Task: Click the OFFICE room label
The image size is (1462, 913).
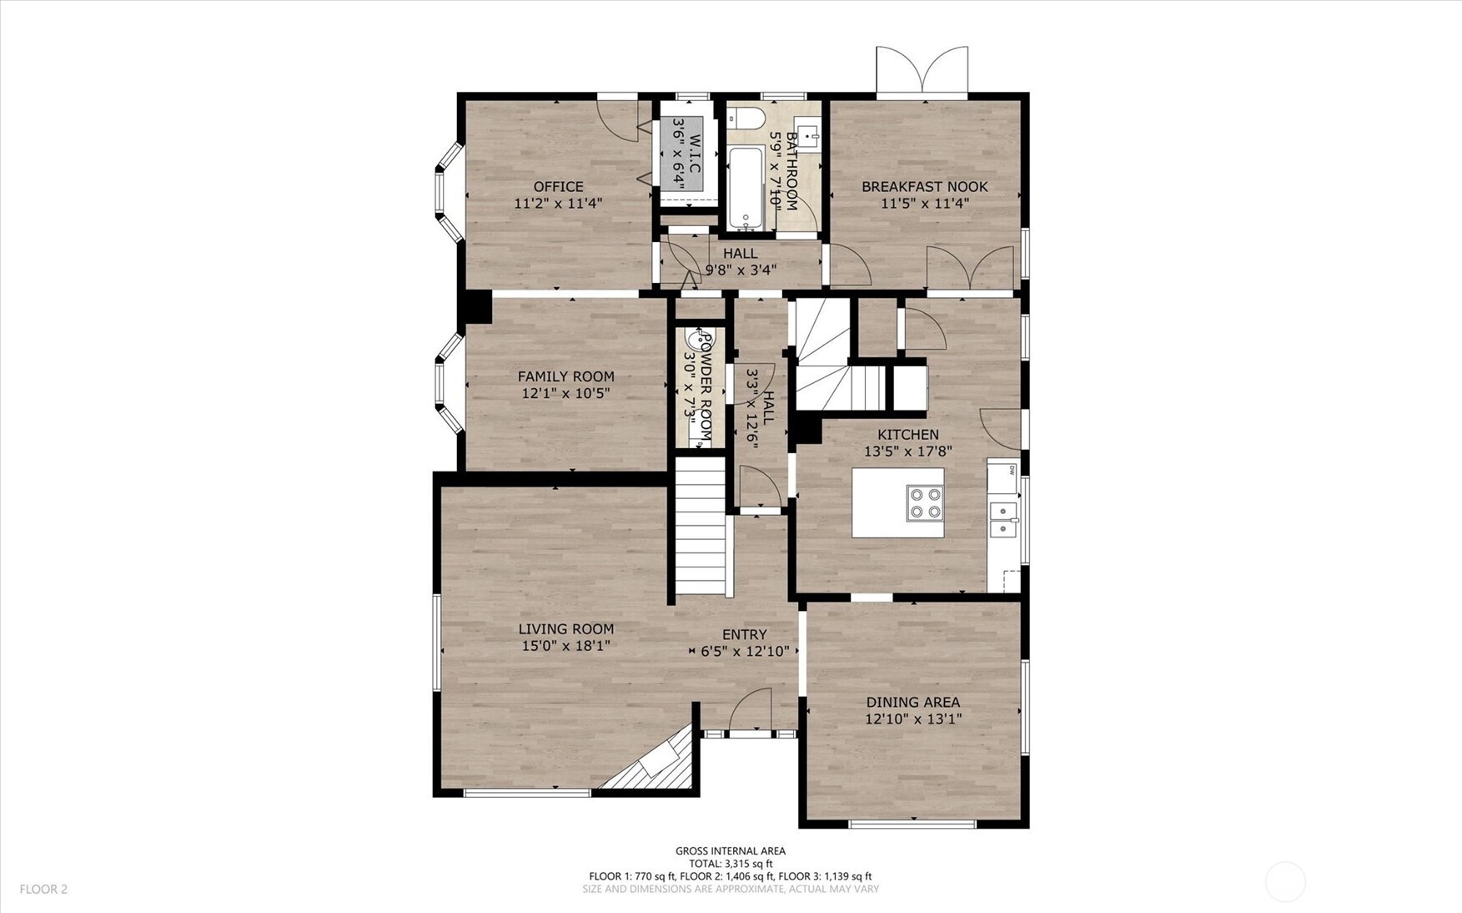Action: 558,186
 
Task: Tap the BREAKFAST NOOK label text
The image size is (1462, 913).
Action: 924,186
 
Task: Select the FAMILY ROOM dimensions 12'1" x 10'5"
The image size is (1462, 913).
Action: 565,393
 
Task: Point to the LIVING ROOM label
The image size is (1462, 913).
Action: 565,628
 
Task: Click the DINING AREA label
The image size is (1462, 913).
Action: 912,702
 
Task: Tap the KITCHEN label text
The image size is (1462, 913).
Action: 907,434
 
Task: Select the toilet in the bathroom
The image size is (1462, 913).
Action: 745,118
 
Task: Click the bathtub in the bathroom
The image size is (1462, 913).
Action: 745,189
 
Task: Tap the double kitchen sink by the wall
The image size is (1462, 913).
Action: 1003,519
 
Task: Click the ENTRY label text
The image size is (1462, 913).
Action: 744,634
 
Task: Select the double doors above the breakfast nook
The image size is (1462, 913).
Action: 922,70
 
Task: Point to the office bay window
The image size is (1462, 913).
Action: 449,193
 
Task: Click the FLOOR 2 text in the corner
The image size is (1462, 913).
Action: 43,889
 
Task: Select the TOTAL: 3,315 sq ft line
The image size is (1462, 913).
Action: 730,864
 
